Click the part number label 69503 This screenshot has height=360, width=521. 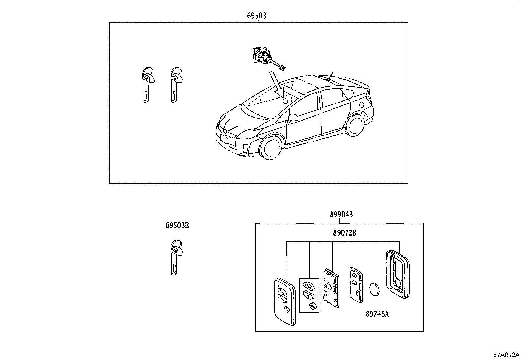tap(257, 16)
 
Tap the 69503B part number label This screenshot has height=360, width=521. tap(177, 225)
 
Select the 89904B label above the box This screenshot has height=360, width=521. tap(341, 214)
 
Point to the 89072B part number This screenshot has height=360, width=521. tap(345, 233)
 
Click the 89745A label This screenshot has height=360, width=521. tap(377, 314)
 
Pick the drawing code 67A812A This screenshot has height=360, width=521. tap(506, 355)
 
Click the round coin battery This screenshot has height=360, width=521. tap(374, 290)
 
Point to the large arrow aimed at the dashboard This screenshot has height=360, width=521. tap(277, 85)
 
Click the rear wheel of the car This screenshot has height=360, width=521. tap(355, 124)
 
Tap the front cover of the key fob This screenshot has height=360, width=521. tap(285, 301)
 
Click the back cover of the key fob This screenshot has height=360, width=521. tap(398, 274)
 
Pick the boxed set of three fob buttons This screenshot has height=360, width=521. tap(309, 295)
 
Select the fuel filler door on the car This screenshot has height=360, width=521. tap(361, 105)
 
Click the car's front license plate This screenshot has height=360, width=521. tap(224, 140)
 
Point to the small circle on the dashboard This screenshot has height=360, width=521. tap(285, 101)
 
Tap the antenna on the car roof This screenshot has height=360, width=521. tap(330, 76)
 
